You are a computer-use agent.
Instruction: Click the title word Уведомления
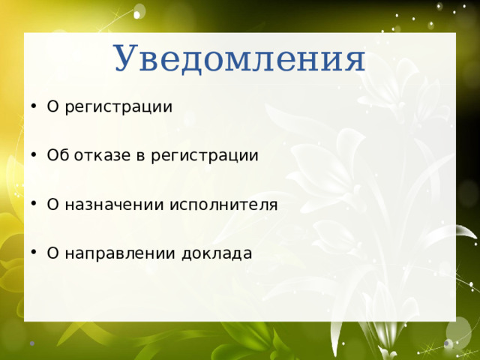[x=239, y=59]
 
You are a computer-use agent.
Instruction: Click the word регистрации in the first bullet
[x=118, y=107]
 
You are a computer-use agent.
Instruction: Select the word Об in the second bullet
[x=57, y=156]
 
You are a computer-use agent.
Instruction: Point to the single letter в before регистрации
[x=140, y=156]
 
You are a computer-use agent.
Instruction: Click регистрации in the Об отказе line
[x=205, y=157]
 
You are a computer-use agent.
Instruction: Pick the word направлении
[x=109, y=253]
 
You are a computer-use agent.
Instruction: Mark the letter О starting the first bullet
[x=52, y=107]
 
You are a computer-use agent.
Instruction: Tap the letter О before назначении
[x=52, y=205]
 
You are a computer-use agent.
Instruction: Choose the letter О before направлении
[x=52, y=253]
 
